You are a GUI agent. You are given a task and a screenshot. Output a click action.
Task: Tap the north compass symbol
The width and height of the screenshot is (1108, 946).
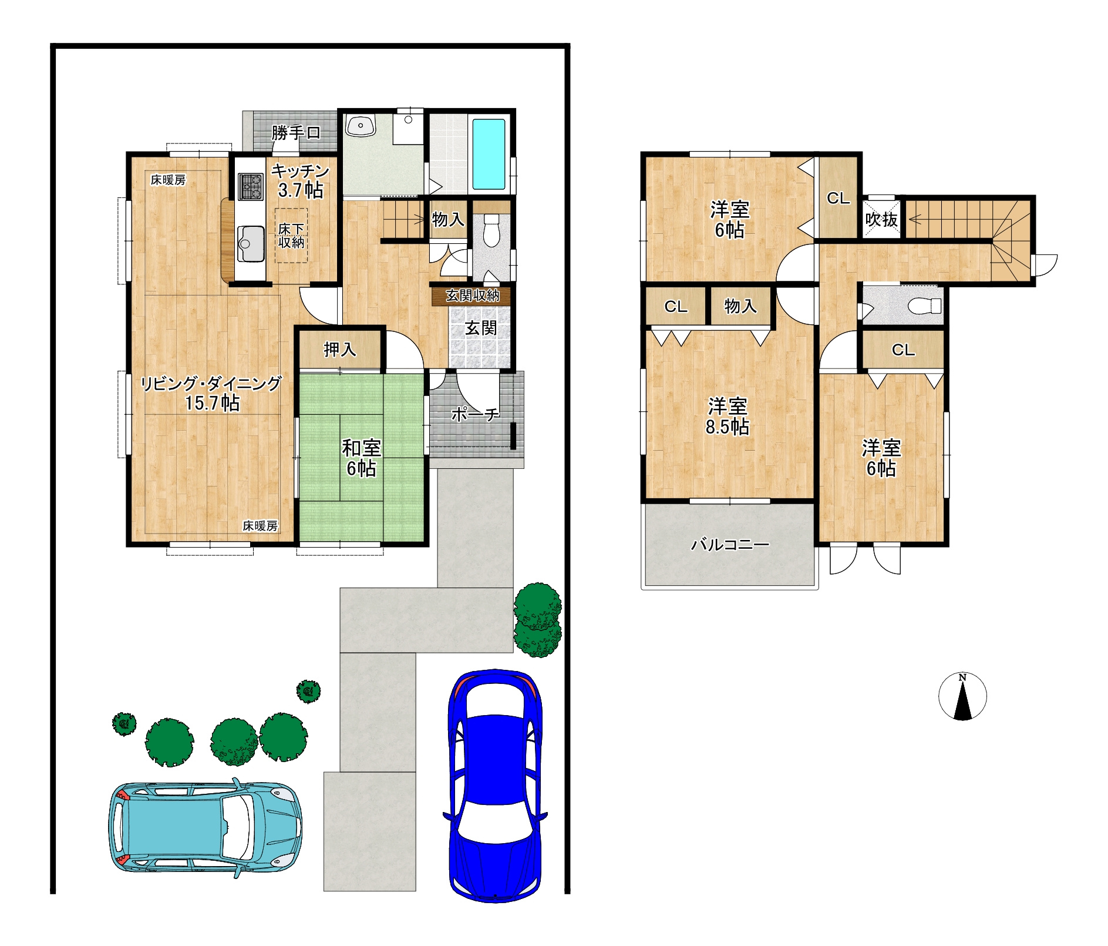[962, 697]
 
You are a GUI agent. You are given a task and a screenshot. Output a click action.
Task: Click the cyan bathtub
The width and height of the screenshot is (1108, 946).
[489, 155]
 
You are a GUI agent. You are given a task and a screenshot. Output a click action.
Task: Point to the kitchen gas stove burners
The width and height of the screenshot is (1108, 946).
[251, 186]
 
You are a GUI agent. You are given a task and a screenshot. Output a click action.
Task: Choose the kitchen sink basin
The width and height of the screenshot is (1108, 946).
[251, 243]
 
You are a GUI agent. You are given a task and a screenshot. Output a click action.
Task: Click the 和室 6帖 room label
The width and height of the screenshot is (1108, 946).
[361, 458]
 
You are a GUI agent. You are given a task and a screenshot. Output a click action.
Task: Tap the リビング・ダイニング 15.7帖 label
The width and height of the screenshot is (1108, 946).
[211, 393]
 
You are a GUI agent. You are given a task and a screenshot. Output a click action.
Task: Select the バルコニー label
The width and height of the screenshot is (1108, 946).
[730, 545]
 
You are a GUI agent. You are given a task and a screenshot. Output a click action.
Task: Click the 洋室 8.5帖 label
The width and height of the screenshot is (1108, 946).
[728, 416]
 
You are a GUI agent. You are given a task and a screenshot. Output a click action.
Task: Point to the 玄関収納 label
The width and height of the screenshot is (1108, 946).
[472, 296]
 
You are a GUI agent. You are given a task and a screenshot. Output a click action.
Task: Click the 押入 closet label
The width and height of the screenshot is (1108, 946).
[340, 350]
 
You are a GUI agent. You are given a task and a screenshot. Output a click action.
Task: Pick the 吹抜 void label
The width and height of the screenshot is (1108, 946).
[881, 220]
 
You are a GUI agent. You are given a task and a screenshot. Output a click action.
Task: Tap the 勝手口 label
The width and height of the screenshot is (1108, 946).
[296, 133]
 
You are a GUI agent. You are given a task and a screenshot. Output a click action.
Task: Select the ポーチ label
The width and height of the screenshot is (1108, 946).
[475, 415]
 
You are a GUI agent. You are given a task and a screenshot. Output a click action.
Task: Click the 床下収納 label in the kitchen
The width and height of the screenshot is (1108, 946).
[291, 235]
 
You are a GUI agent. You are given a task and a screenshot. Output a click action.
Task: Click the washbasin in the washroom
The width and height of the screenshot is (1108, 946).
[361, 125]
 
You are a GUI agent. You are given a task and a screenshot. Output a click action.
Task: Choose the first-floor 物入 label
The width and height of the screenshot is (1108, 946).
[448, 220]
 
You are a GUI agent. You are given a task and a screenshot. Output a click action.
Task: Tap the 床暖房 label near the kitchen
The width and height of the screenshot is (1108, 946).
[168, 180]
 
